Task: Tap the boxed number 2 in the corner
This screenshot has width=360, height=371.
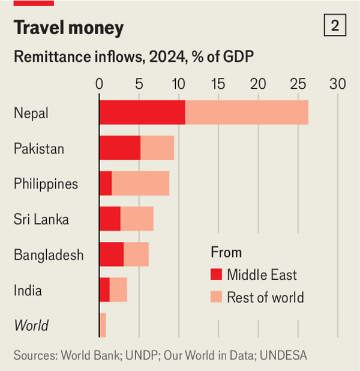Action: point(335,26)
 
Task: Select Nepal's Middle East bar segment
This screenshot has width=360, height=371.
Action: point(142,113)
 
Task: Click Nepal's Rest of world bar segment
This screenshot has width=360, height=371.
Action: point(247,113)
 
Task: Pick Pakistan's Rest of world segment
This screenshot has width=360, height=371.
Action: point(157,148)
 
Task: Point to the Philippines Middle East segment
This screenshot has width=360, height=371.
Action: point(106,184)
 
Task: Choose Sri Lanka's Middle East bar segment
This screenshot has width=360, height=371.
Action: point(110,219)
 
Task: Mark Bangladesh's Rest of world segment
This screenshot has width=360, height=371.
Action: point(136,255)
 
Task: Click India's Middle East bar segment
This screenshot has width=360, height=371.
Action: point(104,290)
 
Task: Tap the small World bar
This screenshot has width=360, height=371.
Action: point(103,325)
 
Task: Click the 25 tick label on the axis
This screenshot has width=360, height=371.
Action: point(298,84)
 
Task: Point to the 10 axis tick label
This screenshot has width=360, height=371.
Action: point(179,84)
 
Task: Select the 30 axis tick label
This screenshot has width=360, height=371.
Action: point(338,84)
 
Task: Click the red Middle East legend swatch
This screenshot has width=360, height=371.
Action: point(216,276)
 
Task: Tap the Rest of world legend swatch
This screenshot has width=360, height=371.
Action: point(216,297)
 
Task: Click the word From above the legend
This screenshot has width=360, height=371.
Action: point(226,252)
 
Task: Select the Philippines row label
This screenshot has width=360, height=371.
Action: point(46,184)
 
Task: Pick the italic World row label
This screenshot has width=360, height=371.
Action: point(31,326)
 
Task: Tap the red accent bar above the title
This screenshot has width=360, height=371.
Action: point(34,3)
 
